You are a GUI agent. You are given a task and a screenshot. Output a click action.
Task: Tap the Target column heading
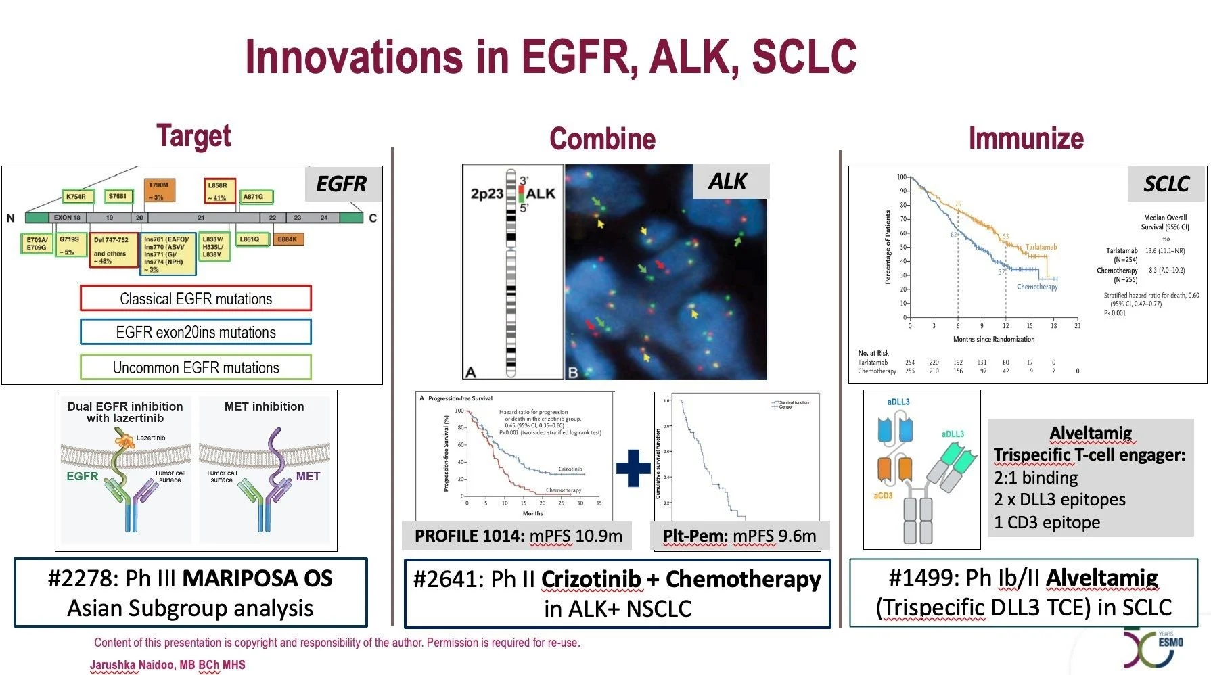[193, 136]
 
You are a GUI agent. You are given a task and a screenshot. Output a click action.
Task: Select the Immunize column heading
[1026, 138]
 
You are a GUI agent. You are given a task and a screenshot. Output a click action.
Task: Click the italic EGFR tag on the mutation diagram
[341, 183]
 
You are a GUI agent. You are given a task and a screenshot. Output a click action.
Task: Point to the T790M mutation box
[160, 190]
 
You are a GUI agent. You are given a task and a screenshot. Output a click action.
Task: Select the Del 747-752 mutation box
[113, 250]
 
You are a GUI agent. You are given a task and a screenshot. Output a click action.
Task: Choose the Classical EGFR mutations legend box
[196, 298]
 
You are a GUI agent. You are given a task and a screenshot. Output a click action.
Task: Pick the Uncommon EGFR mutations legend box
[196, 367]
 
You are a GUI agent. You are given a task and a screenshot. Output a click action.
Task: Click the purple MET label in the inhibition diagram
[308, 476]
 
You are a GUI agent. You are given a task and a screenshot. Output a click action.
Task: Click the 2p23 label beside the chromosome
[486, 194]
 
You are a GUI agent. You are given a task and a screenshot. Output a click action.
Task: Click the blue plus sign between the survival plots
[633, 468]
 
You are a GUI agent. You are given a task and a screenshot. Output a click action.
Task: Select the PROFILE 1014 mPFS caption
[518, 536]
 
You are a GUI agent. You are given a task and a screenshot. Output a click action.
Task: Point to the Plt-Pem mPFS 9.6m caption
[739, 536]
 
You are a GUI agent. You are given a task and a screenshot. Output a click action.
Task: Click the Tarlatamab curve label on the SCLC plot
[1041, 247]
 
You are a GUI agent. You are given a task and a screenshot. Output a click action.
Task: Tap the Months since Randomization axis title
[993, 339]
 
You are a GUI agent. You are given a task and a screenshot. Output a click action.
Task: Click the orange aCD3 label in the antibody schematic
[883, 496]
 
